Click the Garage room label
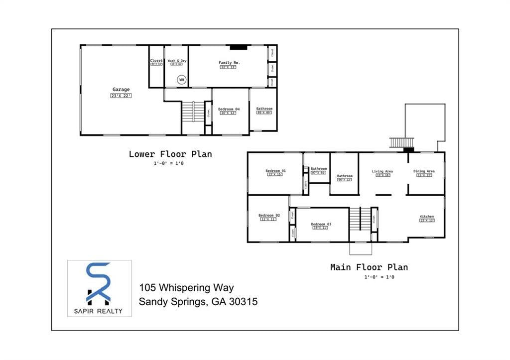click(121, 90)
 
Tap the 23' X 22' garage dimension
click(121, 96)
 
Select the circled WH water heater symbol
click(182, 80)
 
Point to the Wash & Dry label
click(177, 61)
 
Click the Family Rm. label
click(229, 63)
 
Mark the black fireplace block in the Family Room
click(238, 48)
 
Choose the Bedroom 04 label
click(229, 109)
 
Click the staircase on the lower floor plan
click(193, 111)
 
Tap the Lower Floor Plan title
click(170, 154)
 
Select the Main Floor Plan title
click(369, 267)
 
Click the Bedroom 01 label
click(275, 171)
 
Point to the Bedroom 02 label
click(269, 215)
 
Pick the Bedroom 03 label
click(321, 224)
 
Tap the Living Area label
click(382, 171)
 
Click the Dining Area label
click(424, 171)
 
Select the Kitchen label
click(426, 217)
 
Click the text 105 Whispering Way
click(186, 288)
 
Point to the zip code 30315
click(242, 301)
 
